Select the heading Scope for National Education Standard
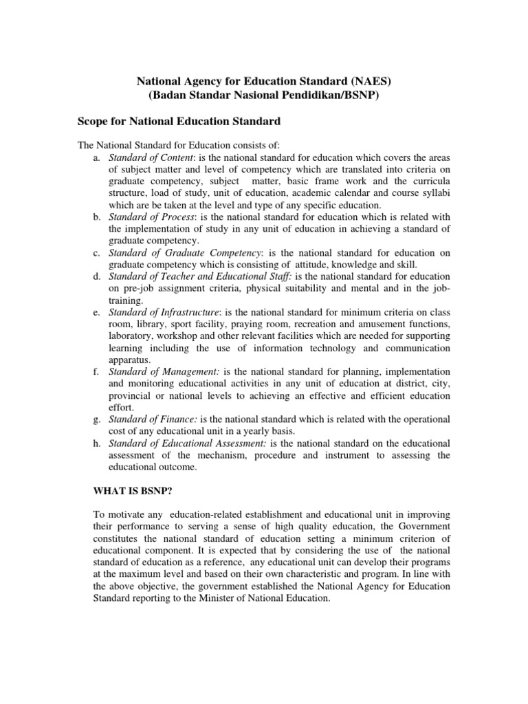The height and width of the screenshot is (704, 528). (179, 122)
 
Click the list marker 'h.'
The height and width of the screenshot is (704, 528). (96, 443)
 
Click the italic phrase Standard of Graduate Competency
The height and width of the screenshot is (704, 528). (185, 254)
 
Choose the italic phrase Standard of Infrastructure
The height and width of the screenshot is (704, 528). (163, 313)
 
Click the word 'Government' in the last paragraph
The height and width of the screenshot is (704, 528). (423, 527)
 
